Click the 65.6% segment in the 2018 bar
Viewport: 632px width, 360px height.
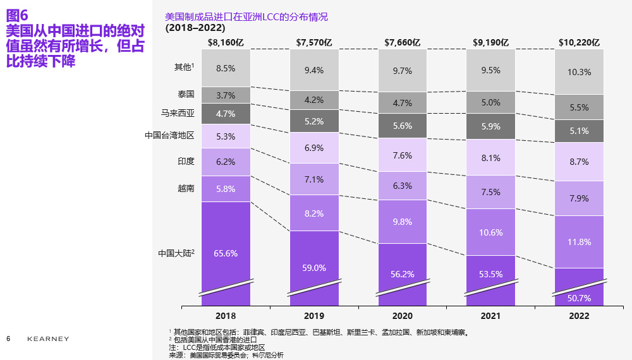tap(226, 253)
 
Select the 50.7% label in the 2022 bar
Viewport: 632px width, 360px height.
tap(580, 298)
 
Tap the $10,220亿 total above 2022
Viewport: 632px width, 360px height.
tap(579, 43)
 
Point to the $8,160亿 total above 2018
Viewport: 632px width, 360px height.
tap(226, 43)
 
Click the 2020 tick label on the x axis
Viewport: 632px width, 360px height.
tap(403, 316)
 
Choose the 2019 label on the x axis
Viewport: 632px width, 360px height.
tap(314, 316)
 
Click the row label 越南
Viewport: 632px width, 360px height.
tap(186, 188)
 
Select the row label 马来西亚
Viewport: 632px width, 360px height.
tap(178, 114)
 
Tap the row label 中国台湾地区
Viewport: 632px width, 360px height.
tap(169, 135)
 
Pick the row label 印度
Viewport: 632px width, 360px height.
tap(186, 162)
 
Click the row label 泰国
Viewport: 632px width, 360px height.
tap(186, 94)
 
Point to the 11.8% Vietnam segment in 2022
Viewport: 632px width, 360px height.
tap(580, 242)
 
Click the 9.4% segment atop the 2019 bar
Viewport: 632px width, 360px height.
tap(314, 70)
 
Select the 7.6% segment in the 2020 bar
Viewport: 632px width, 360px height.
tap(403, 155)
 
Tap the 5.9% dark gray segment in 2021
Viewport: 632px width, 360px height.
tap(491, 126)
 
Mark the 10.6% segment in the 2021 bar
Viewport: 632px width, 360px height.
tap(491, 232)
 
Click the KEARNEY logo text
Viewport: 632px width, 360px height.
tap(48, 339)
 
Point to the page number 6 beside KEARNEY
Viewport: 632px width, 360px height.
tap(8, 339)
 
